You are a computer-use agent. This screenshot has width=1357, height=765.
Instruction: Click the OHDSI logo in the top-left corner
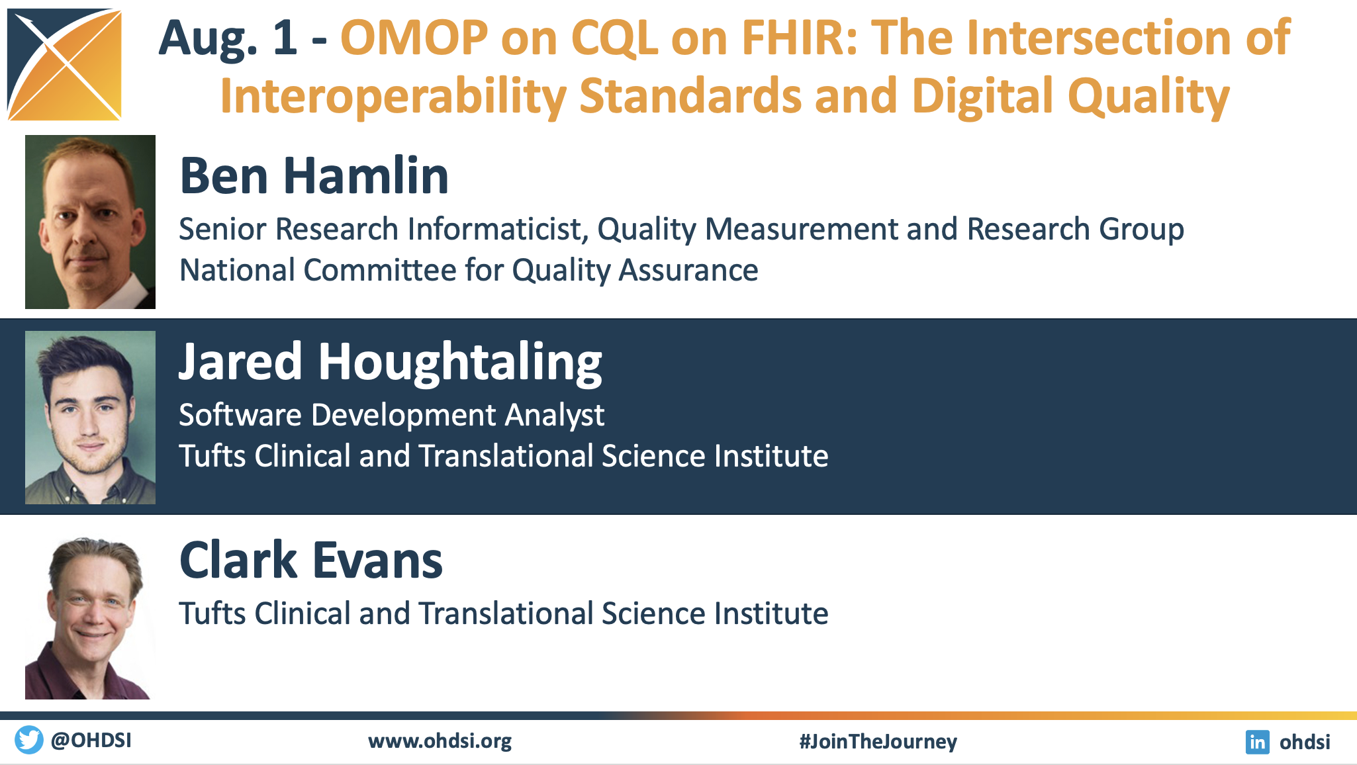pos(64,64)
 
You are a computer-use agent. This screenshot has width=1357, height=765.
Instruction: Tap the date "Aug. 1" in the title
pos(228,38)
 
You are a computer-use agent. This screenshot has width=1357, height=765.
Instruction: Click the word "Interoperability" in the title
pos(393,97)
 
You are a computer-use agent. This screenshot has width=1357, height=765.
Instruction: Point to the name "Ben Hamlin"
pos(314,176)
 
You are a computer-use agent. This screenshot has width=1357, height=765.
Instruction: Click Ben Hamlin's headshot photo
pos(90,222)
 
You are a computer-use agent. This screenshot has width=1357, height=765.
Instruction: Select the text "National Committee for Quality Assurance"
pos(469,270)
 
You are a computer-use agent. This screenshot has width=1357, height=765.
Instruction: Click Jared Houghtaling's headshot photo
pos(90,418)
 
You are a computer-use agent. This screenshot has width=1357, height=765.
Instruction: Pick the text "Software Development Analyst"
pos(392,416)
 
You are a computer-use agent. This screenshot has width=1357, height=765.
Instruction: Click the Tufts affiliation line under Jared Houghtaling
pos(504,456)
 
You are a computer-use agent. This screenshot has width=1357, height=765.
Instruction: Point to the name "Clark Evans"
pos(311,560)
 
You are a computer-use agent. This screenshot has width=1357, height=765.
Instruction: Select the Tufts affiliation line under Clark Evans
pos(504,613)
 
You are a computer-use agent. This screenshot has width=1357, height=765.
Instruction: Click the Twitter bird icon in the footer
pos(29,740)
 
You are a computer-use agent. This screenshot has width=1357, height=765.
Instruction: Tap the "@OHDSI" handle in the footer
pos(91,740)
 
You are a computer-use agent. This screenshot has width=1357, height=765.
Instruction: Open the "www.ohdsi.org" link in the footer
pos(440,741)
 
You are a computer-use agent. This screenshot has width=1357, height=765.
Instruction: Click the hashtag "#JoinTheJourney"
pos(878,741)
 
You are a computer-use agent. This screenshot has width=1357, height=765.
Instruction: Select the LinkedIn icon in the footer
pos(1257,742)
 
